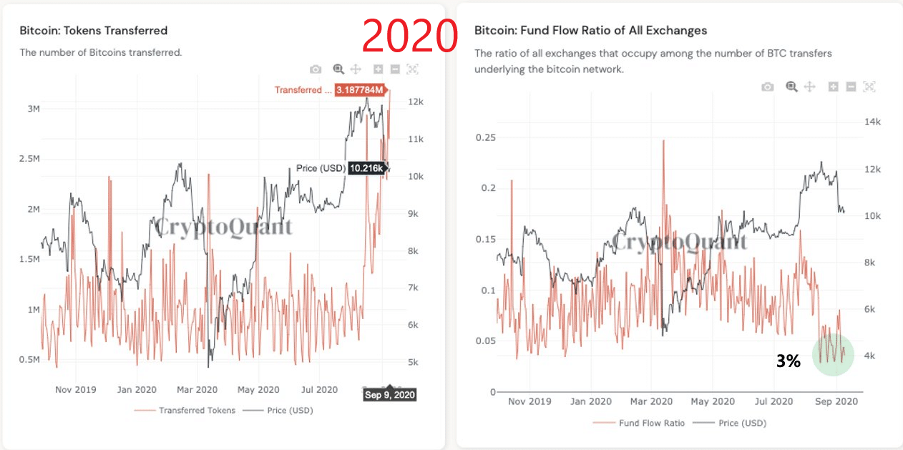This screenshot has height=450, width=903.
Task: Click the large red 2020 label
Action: (x=410, y=36)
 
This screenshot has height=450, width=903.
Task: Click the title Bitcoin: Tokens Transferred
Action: (x=94, y=31)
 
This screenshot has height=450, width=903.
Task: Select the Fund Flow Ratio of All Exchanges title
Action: (x=590, y=31)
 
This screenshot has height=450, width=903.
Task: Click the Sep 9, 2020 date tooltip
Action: (x=389, y=394)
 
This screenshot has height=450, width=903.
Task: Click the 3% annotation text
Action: (x=788, y=362)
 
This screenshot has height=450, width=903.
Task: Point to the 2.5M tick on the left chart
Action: (x=29, y=158)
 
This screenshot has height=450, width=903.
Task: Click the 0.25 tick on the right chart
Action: (x=485, y=137)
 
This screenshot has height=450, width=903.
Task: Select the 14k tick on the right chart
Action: (x=872, y=122)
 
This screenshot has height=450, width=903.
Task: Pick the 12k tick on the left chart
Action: (x=416, y=102)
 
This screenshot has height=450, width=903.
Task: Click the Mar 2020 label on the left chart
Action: (x=197, y=390)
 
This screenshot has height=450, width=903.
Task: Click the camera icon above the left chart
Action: (x=316, y=69)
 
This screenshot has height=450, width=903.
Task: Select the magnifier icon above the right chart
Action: (x=791, y=87)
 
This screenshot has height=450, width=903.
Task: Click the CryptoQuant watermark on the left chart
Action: (x=224, y=228)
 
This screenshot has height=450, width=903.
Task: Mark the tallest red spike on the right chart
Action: (x=663, y=141)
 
